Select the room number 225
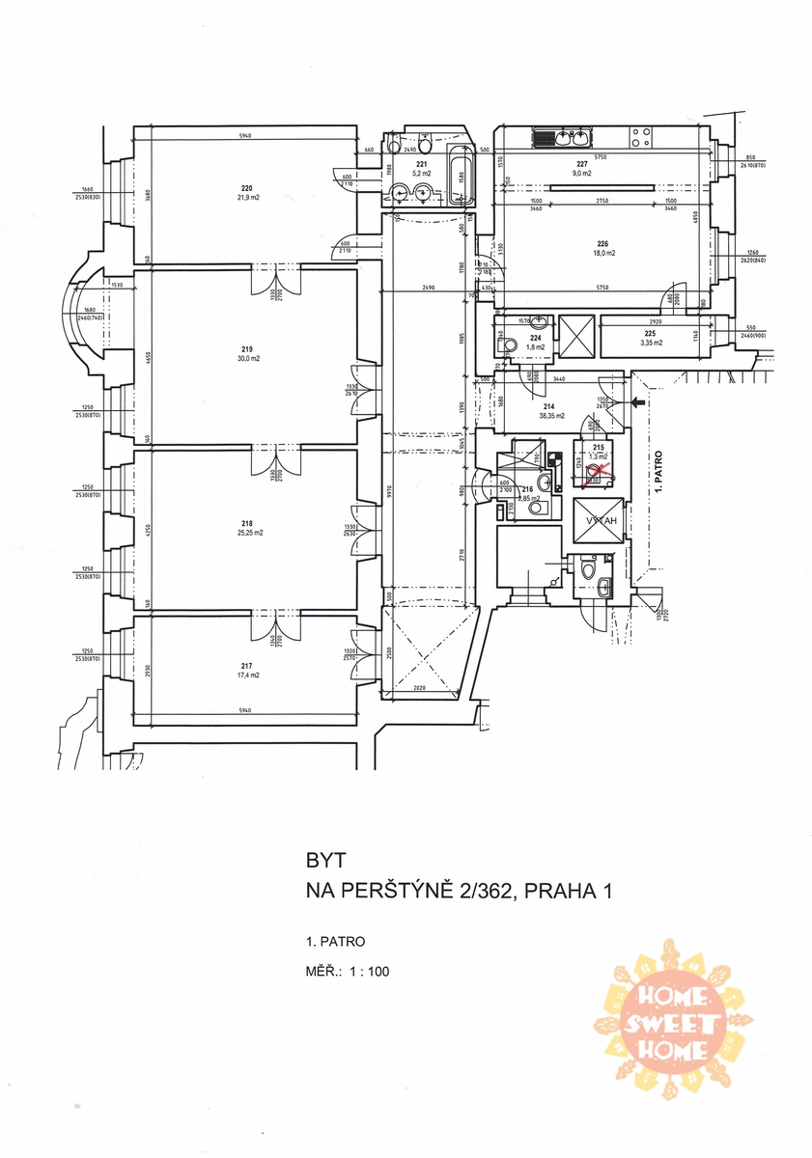pos(648,331)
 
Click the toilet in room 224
pos(504,344)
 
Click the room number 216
pos(528,490)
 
